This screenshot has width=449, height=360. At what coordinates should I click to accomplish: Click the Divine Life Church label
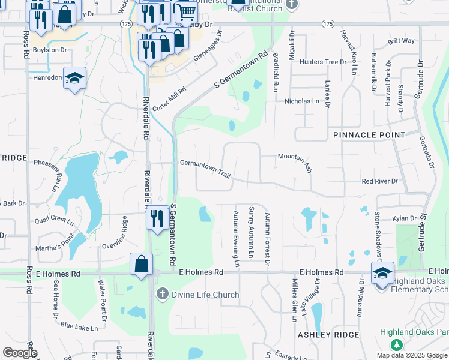click(x=205, y=295)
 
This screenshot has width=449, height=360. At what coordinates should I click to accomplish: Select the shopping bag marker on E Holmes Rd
click(x=141, y=265)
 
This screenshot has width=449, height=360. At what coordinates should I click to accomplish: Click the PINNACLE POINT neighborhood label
click(x=369, y=135)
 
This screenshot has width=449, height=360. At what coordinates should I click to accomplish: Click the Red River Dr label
click(x=379, y=181)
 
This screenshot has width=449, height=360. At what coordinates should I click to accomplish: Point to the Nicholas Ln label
click(x=302, y=101)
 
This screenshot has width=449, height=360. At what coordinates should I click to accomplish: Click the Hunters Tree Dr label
click(x=324, y=62)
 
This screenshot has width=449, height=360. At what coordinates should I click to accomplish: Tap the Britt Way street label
click(x=401, y=41)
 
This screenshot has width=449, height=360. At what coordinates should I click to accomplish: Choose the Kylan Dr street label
click(x=405, y=219)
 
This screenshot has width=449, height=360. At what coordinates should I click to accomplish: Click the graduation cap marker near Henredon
click(x=75, y=79)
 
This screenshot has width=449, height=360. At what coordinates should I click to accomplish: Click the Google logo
click(x=20, y=352)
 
